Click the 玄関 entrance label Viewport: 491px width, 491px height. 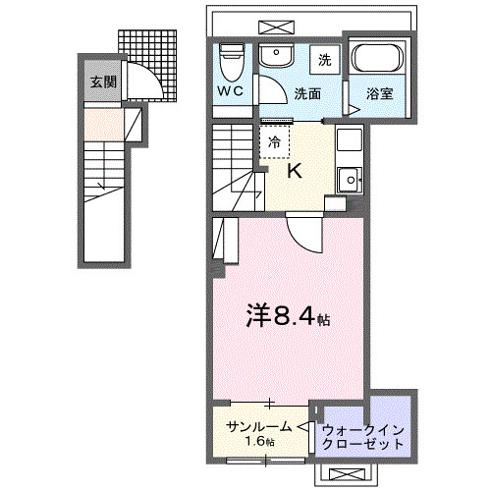click(x=103, y=82)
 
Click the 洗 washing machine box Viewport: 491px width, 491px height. click(x=325, y=59)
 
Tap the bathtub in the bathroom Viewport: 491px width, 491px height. click(x=377, y=61)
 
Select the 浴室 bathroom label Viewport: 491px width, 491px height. click(x=380, y=95)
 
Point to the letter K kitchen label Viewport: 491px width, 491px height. click(x=294, y=171)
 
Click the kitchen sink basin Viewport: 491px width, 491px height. click(x=349, y=179)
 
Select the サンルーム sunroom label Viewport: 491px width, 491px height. click(x=258, y=426)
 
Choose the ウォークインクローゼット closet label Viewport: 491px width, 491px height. click(x=363, y=436)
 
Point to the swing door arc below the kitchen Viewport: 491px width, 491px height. click(x=300, y=234)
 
